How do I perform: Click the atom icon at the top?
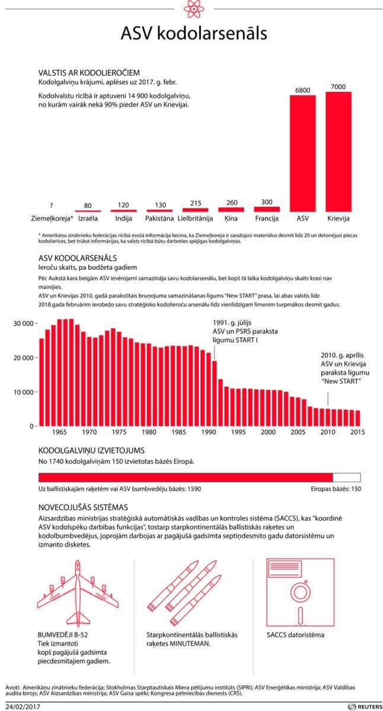pyautogui.click(x=191, y=9)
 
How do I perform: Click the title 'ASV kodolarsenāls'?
pyautogui.click(x=191, y=33)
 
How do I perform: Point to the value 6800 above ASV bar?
pyautogui.click(x=302, y=90)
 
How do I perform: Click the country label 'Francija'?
pyautogui.click(x=267, y=218)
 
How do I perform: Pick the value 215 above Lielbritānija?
pyautogui.click(x=196, y=203)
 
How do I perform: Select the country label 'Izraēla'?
pyautogui.click(x=88, y=218)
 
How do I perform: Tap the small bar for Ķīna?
pyautogui.click(x=232, y=209)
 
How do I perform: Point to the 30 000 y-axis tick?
pyautogui.click(x=24, y=324)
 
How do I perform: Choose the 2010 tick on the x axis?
pyautogui.click(x=328, y=432)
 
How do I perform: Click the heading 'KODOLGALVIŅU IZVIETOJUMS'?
pyautogui.click(x=91, y=450)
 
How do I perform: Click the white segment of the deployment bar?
pyautogui.click(x=347, y=478)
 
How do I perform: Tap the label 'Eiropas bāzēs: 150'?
pyautogui.click(x=336, y=489)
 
